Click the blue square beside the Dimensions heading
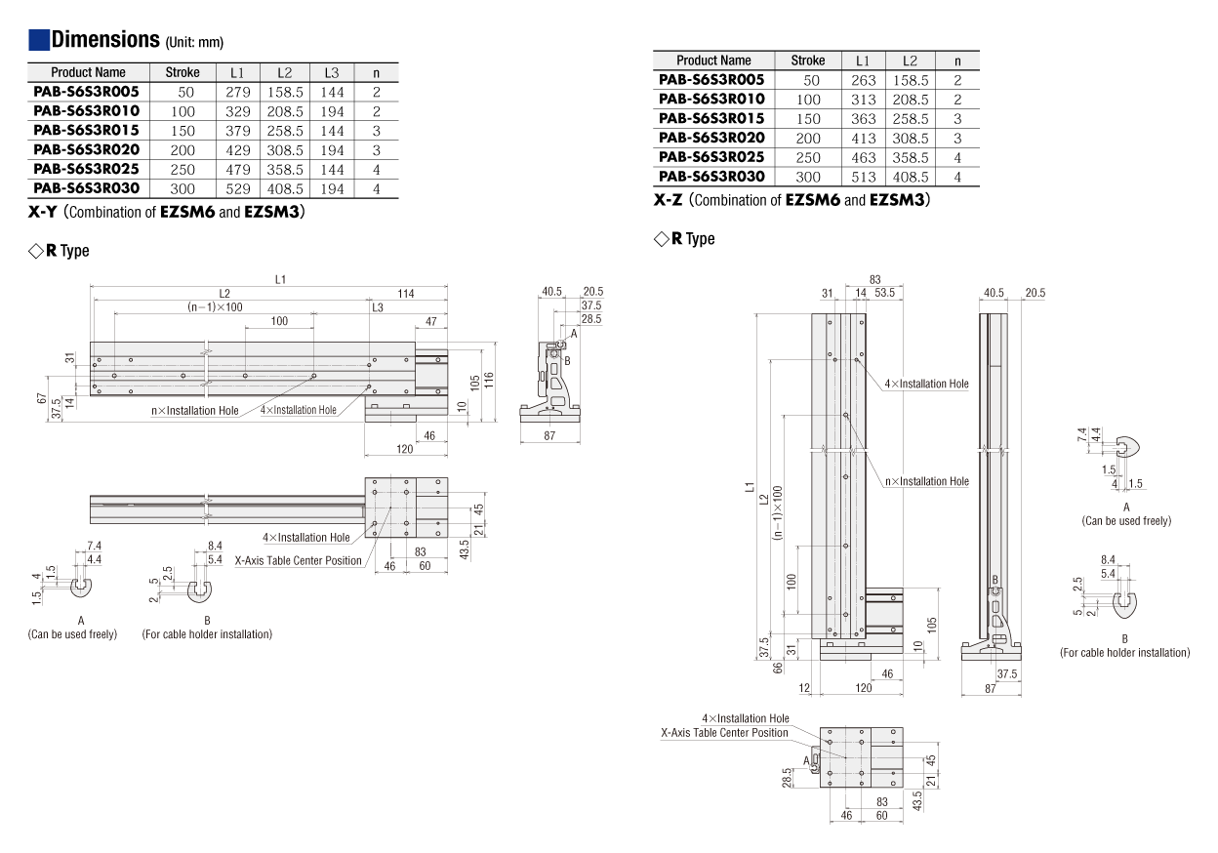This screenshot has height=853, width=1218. click(x=39, y=40)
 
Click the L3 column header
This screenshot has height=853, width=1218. click(x=332, y=73)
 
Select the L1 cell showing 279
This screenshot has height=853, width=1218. click(x=238, y=93)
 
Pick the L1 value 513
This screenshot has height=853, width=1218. click(x=864, y=178)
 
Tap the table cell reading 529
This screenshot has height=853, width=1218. click(x=238, y=189)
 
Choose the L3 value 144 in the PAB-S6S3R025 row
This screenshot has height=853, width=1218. click(x=332, y=170)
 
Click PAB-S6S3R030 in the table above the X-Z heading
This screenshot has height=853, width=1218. click(x=711, y=177)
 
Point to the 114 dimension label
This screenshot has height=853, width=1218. click(x=406, y=294)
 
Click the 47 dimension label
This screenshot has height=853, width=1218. click(x=431, y=322)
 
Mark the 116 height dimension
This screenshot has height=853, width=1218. click(x=488, y=380)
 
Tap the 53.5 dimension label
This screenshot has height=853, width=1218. click(x=884, y=293)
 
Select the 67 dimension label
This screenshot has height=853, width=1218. click(x=42, y=398)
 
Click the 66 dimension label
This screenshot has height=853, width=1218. click(x=778, y=668)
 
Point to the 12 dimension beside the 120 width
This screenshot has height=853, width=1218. click(x=804, y=688)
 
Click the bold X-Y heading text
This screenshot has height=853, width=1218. click(x=42, y=212)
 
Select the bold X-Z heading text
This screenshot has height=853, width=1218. click(x=668, y=200)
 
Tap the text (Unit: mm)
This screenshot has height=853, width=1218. click(x=194, y=42)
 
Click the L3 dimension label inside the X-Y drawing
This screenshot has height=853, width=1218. click(x=378, y=307)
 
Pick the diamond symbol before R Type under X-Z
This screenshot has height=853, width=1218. click(x=661, y=239)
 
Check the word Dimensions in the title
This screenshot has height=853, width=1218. click(x=105, y=40)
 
